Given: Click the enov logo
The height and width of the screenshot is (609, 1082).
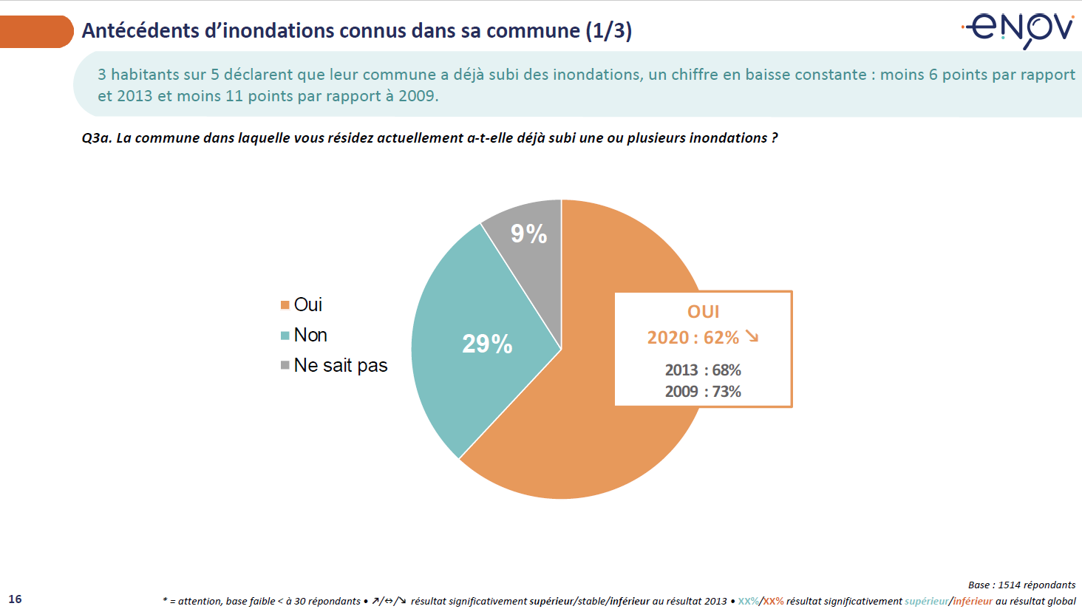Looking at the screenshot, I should point(1019,30).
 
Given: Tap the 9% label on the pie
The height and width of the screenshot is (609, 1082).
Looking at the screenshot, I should point(528,234).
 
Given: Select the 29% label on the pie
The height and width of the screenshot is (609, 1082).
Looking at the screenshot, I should point(487,344).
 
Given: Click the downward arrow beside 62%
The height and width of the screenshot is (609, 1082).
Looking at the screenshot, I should point(752,337).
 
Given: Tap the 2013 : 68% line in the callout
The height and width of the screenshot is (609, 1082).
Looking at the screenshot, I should point(703,370).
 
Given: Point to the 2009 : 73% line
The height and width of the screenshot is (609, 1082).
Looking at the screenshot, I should point(703,391).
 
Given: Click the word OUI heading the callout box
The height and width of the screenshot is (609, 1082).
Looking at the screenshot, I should point(703,312).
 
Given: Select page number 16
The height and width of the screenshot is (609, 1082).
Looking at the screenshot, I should point(16,599).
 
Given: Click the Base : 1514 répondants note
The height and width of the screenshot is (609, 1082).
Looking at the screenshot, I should point(1021,585).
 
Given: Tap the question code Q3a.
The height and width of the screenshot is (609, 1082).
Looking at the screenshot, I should point(96,138).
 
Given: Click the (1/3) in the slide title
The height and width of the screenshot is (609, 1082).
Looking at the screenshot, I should point(608,30).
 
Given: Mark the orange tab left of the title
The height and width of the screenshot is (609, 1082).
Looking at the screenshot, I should point(35,32).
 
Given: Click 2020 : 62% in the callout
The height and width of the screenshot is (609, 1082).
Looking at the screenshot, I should point(693,338).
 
